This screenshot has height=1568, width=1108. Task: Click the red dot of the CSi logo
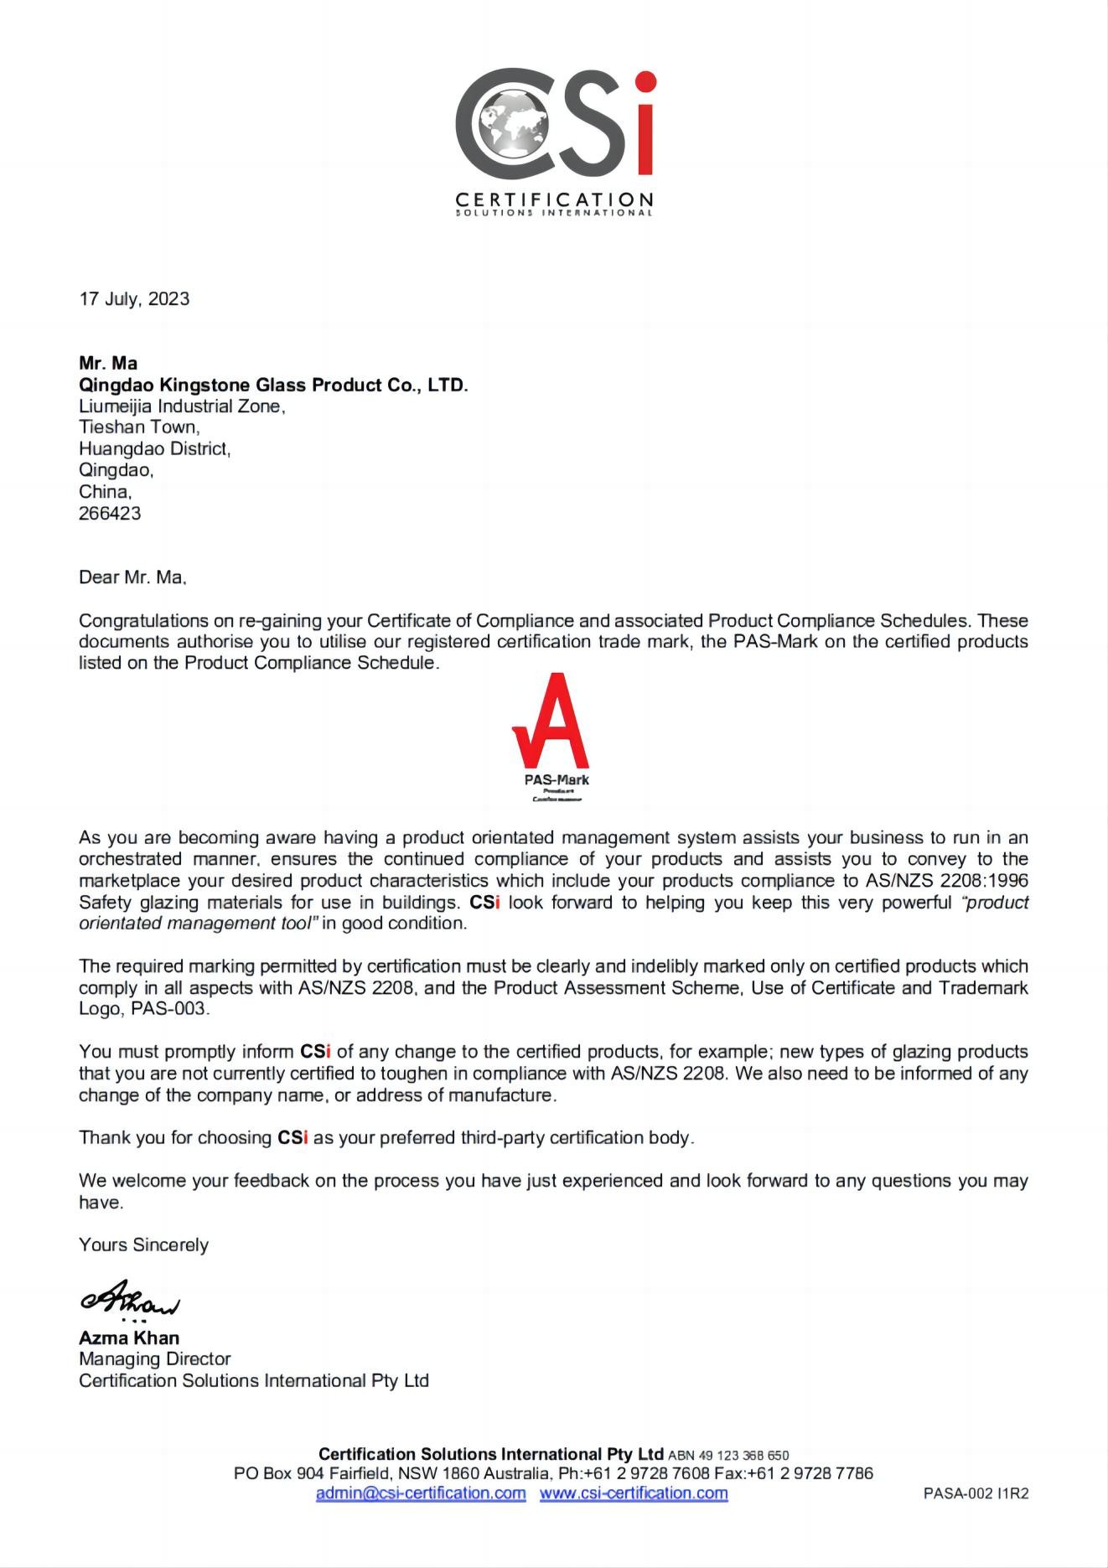click(x=645, y=82)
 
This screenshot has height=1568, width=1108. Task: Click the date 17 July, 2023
click(x=134, y=299)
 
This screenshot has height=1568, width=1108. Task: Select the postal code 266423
click(x=110, y=514)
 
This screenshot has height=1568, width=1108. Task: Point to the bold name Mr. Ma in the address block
click(x=108, y=363)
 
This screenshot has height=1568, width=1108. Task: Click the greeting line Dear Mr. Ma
click(x=132, y=577)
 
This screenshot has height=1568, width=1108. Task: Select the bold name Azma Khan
click(x=129, y=1338)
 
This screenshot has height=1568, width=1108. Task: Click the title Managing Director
click(x=155, y=1358)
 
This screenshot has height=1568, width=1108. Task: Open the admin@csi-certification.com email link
click(x=421, y=1493)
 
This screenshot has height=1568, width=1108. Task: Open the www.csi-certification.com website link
click(x=634, y=1493)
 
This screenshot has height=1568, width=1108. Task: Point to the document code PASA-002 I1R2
click(x=976, y=1493)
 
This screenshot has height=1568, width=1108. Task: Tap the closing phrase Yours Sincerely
click(x=143, y=1245)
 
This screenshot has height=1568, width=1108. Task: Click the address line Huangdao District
click(x=154, y=449)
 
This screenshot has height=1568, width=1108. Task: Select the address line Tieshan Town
click(x=139, y=427)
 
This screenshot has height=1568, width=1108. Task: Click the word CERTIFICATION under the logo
click(x=554, y=199)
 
